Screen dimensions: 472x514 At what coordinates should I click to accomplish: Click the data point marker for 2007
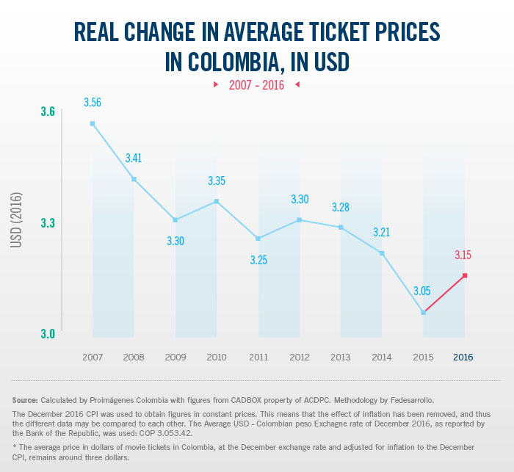93,124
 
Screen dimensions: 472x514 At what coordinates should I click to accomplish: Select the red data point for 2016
464,275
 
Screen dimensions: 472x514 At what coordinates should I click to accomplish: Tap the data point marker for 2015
423,313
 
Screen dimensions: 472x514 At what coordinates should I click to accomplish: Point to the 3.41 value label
134,158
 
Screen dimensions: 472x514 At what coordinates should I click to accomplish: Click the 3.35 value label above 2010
217,181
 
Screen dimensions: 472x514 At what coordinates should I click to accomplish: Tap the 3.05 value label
421,291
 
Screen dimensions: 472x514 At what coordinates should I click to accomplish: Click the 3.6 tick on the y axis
48,112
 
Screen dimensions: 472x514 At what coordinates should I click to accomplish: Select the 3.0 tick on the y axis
48,334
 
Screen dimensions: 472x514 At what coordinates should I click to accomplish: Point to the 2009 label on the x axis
175,357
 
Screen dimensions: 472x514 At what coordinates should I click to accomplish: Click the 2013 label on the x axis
340,357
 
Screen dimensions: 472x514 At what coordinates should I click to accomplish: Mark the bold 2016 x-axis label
463,357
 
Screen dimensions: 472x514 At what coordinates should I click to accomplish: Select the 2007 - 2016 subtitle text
256,85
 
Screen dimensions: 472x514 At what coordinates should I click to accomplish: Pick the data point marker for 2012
299,220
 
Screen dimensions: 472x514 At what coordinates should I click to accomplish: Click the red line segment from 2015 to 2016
444,294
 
